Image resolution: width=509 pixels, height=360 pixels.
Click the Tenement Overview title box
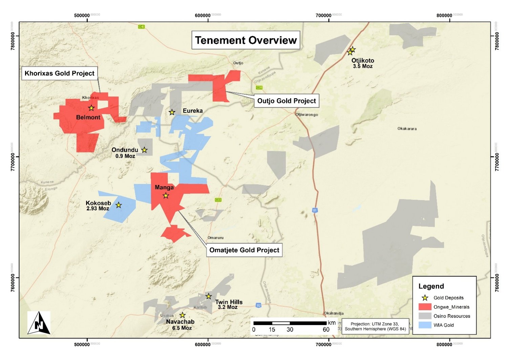pyautogui.click(x=246, y=40)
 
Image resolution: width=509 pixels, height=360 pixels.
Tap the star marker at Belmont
pyautogui.click(x=91, y=108)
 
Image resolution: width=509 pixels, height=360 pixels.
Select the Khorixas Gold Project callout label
pyautogui.click(x=60, y=73)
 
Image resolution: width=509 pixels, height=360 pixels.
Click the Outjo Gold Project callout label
pyautogui.click(x=287, y=101)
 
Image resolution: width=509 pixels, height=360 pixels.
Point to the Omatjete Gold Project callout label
pyautogui.click(x=244, y=250)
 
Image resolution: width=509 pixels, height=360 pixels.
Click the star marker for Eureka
pyautogui.click(x=172, y=112)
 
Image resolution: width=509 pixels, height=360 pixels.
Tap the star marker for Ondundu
pyautogui.click(x=144, y=150)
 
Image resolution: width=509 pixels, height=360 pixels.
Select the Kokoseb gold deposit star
pyautogui.click(x=119, y=205)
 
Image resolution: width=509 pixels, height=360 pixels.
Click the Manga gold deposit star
pyautogui.click(x=166, y=195)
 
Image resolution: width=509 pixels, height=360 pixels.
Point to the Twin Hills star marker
pyautogui.click(x=209, y=296)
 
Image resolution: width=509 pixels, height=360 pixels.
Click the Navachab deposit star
pyautogui.click(x=182, y=315)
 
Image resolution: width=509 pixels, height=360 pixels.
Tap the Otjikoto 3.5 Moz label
pyautogui.click(x=363, y=63)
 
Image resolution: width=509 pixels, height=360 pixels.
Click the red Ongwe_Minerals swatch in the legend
pyautogui.click(x=425, y=307)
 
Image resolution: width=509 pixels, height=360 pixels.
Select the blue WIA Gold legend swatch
pyautogui.click(x=425, y=325)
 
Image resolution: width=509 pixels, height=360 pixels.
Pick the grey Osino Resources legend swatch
pyautogui.click(x=425, y=316)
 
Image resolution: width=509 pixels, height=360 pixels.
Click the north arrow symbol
pyautogui.click(x=39, y=323)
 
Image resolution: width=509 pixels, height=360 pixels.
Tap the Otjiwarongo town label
pyautogui.click(x=307, y=115)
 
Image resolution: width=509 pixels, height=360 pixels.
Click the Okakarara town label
pyautogui.click(x=407, y=129)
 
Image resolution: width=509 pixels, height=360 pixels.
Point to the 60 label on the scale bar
pyautogui.click(x=326, y=330)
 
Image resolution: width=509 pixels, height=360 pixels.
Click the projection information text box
pyautogui.click(x=375, y=326)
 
